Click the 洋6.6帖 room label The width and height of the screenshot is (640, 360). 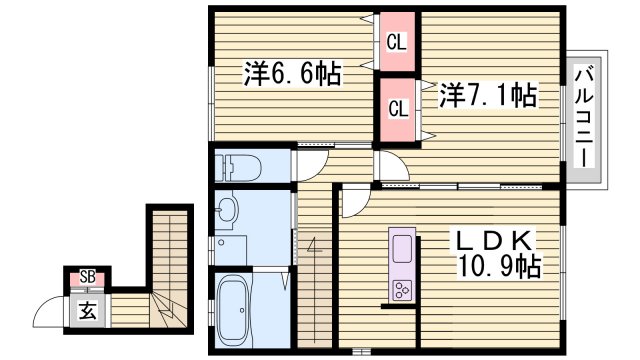coord(293,74)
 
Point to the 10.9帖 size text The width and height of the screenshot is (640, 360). coord(497,266)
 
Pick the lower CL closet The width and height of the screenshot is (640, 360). coord(397,108)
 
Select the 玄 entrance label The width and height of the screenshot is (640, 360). coord(88,311)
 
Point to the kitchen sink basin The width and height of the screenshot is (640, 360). coord(402,248)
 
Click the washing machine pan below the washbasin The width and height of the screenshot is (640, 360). coord(231,249)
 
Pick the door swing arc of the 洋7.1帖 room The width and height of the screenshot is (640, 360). coord(389,165)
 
